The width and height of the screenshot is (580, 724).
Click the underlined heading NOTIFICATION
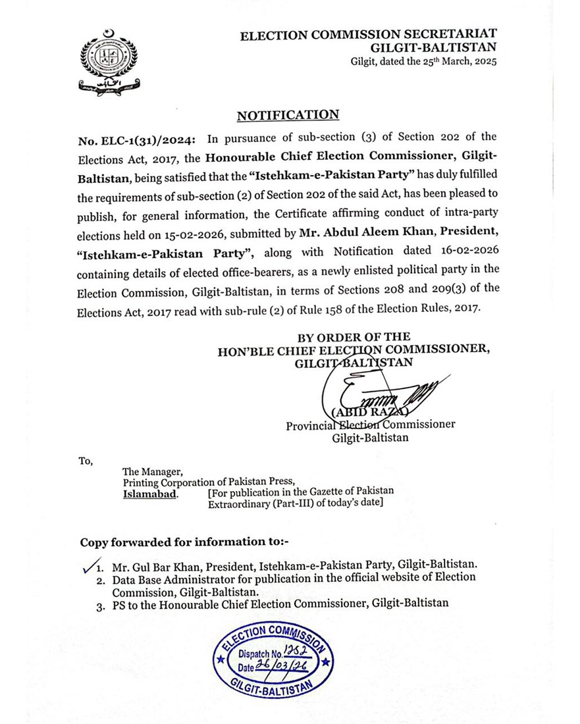(288, 115)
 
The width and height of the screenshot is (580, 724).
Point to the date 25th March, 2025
(455, 61)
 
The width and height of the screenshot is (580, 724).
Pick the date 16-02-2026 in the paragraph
(456, 251)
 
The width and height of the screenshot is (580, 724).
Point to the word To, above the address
(86, 460)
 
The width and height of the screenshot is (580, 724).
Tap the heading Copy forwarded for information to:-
(184, 542)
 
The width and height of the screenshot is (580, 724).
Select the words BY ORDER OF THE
(354, 336)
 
